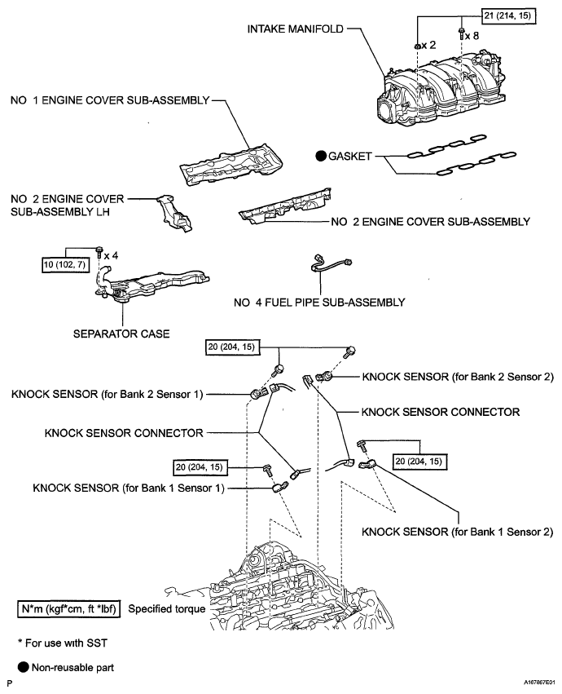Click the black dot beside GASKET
pyautogui.click(x=320, y=154)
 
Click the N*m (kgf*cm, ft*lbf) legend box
pyautogui.click(x=69, y=608)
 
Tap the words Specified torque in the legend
pyautogui.click(x=167, y=608)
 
